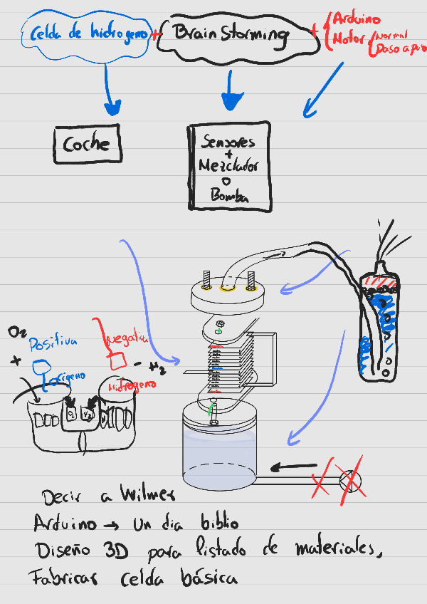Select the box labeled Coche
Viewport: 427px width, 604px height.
point(87,145)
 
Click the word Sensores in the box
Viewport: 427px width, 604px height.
point(228,141)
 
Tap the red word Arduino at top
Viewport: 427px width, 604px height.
point(357,20)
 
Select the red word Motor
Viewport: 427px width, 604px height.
point(349,38)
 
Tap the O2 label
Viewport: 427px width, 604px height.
point(17,333)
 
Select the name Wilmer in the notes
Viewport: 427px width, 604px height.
point(147,494)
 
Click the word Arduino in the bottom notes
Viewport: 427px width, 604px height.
point(65,524)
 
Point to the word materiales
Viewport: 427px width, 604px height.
point(333,550)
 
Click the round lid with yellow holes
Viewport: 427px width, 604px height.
point(228,291)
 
